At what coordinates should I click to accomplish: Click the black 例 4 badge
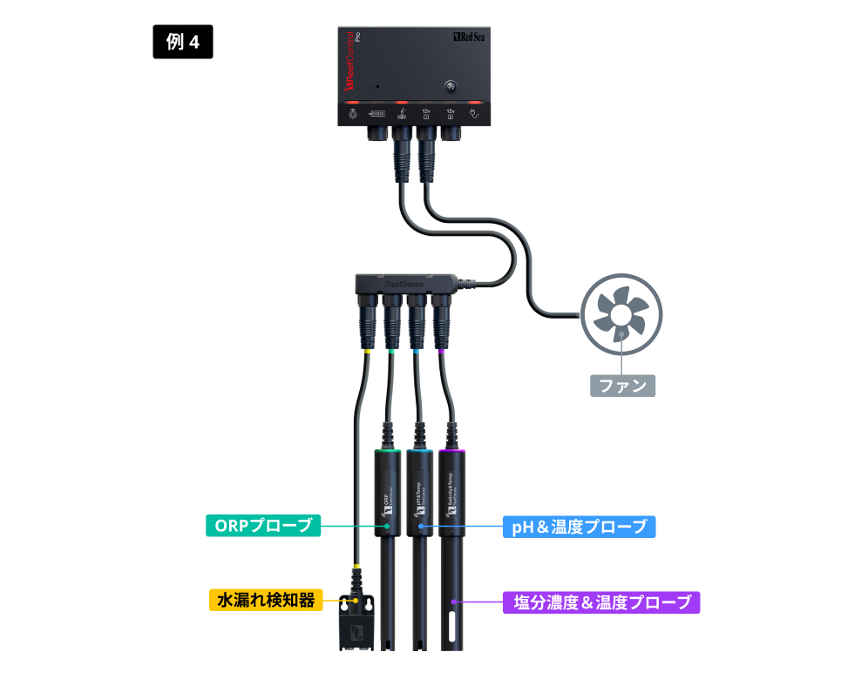point(183,42)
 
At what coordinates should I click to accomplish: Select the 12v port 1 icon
point(426,113)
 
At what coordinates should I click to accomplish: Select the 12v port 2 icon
point(451,113)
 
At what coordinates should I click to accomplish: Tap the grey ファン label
point(621,385)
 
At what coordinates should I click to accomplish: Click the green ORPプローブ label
point(263,526)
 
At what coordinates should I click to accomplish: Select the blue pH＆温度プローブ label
point(579,526)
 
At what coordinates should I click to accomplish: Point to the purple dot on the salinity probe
point(453,602)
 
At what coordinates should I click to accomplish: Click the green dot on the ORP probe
point(387,526)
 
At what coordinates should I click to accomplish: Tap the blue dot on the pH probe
point(421,526)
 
